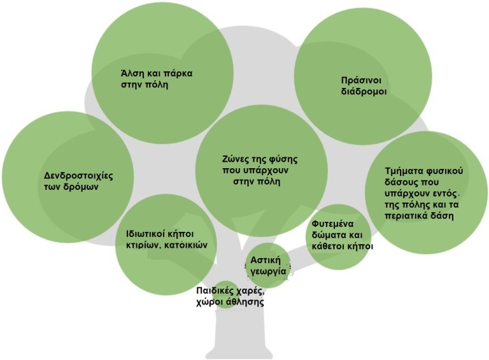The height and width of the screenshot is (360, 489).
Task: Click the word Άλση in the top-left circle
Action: (x=131, y=73)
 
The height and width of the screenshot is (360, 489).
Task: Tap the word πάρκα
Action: (x=176, y=73)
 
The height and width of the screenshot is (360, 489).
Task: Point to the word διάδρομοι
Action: (x=364, y=91)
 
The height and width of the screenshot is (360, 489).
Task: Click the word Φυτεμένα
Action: (x=332, y=224)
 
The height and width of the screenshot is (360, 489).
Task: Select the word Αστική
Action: (x=266, y=261)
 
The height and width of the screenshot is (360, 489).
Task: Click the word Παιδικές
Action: (x=216, y=291)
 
